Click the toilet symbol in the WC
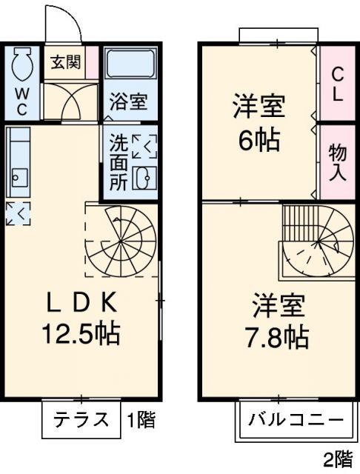(21, 67)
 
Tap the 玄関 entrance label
(64, 62)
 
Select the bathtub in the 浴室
(129, 65)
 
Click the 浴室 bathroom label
(129, 101)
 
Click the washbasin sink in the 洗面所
(145, 178)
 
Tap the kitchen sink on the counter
(18, 178)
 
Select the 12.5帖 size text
(81, 334)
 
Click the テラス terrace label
(80, 420)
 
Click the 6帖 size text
(259, 138)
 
